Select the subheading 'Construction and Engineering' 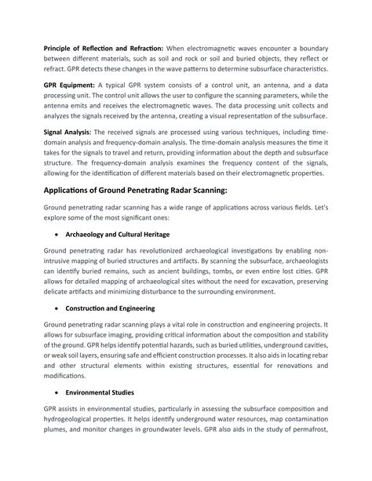(111, 308)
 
